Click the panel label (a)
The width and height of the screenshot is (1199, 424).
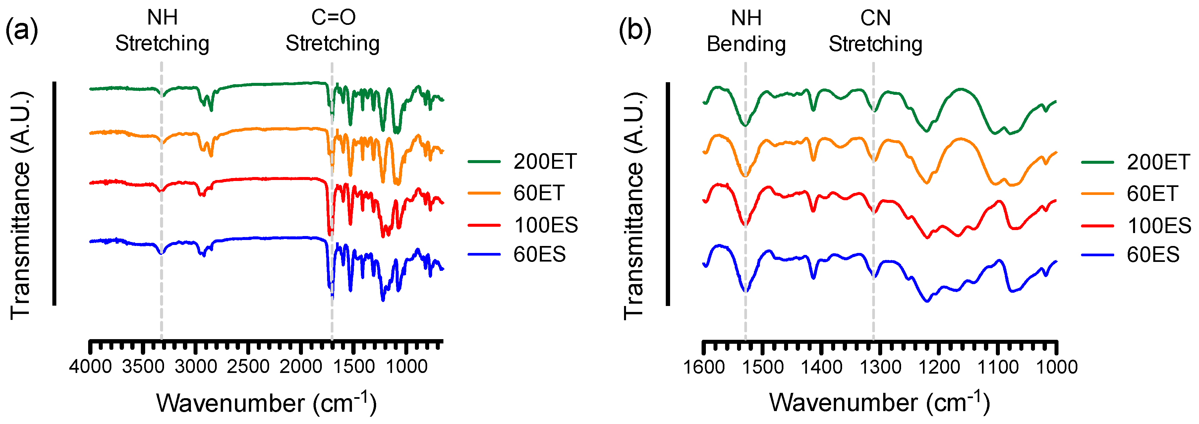pos(22,31)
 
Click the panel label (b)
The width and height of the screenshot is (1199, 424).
pos(635,31)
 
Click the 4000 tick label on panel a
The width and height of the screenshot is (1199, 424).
pos(90,367)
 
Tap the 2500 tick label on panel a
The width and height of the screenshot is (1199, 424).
pos(248,367)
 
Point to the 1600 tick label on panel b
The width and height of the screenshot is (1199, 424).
pos(703,367)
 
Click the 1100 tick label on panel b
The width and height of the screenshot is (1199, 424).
pos(998,367)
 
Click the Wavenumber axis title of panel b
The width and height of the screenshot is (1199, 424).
pos(879,402)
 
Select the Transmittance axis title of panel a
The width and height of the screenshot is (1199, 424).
pos(21,205)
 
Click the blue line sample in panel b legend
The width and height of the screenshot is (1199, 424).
pos(1097,255)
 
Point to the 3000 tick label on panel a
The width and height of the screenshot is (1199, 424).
pos(196,367)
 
